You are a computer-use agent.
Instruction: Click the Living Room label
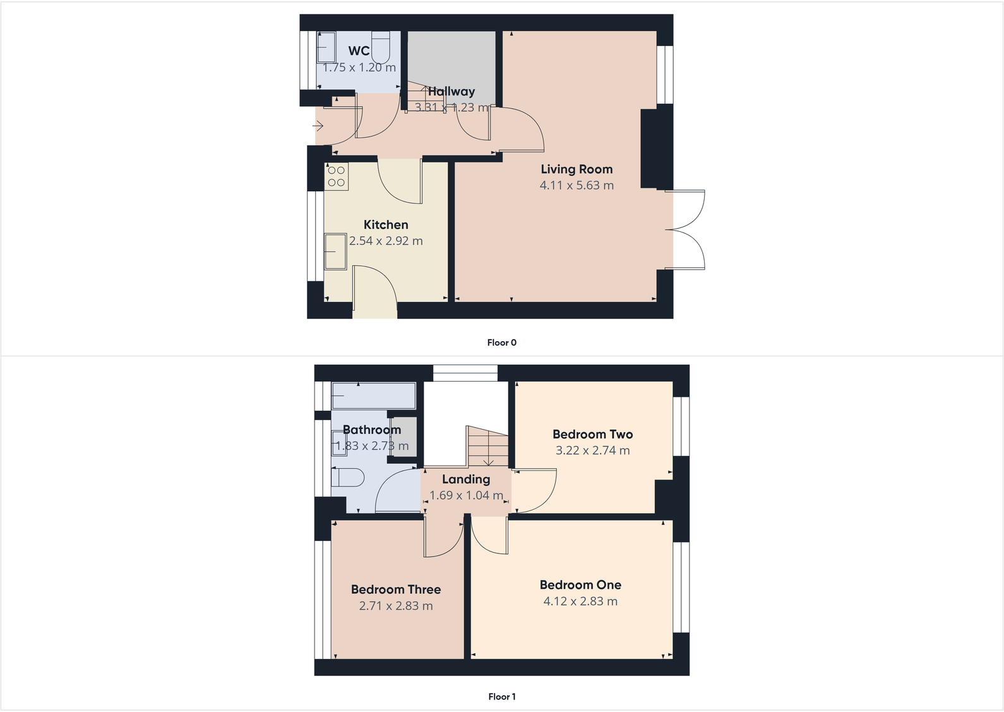point(577,169)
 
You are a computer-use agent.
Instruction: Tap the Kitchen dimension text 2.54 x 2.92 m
point(386,241)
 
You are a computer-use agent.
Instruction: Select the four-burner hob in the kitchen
point(337,176)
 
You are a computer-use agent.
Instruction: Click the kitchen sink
point(335,251)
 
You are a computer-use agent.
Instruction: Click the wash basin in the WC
point(326,47)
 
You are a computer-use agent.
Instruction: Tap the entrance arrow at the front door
point(318,126)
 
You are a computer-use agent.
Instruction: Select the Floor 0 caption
point(501,342)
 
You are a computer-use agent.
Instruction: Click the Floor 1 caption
point(501,697)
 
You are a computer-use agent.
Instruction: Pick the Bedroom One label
point(580,585)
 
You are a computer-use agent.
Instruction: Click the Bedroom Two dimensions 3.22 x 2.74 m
point(592,450)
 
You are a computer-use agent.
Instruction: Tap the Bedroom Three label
point(396,589)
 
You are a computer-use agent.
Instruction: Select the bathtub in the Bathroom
point(373,396)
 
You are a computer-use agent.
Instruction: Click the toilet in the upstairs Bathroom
point(347,477)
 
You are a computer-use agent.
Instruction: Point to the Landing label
point(466,479)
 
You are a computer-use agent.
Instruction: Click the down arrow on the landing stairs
point(489,461)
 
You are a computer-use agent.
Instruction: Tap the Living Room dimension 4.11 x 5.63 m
point(577,185)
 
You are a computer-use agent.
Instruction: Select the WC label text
point(359,51)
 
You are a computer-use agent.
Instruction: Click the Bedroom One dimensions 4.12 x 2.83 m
point(580,601)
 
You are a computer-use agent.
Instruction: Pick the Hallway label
point(451,92)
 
